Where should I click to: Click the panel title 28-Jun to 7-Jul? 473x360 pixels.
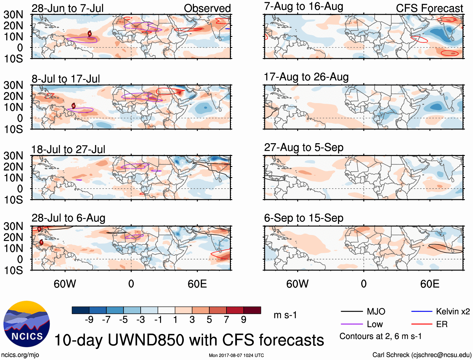pyautogui.click(x=67, y=8)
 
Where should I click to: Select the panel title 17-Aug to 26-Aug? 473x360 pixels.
pyautogui.click(x=306, y=77)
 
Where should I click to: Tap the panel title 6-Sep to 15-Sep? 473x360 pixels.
pyautogui.click(x=304, y=218)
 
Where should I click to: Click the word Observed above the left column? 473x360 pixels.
pyautogui.click(x=207, y=8)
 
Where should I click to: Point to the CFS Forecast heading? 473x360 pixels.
pyautogui.click(x=429, y=8)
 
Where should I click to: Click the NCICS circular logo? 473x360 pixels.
pyautogui.click(x=27, y=324)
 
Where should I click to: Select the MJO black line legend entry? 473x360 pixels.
pyautogui.click(x=363, y=311)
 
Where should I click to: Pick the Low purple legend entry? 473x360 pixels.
pyautogui.click(x=362, y=324)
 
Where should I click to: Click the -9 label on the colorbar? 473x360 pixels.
pyautogui.click(x=89, y=320)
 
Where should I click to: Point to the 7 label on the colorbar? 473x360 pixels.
pyautogui.click(x=226, y=320)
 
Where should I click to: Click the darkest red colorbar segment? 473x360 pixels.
pyautogui.click(x=252, y=310)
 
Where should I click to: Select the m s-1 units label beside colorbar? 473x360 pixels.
pyautogui.click(x=285, y=315)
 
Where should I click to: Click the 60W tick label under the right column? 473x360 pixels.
pyautogui.click(x=297, y=284)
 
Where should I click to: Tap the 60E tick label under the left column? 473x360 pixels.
pyautogui.click(x=197, y=284)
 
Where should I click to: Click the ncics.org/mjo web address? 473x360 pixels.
pyautogui.click(x=20, y=355)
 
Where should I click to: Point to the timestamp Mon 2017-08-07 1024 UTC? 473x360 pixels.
pyautogui.click(x=236, y=355)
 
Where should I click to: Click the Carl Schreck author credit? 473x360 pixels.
pyautogui.click(x=422, y=355)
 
